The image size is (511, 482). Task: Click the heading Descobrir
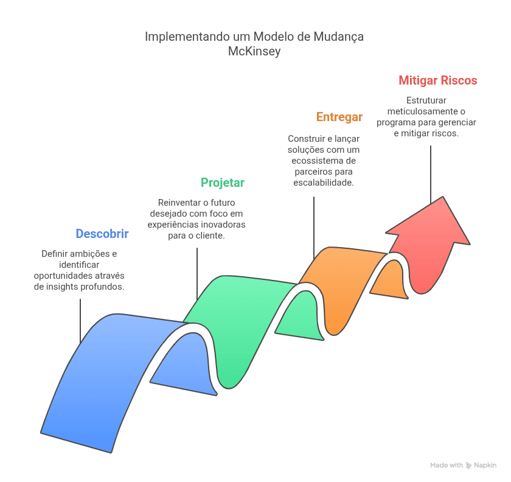coord(102,234)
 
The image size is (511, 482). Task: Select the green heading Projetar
coord(223,183)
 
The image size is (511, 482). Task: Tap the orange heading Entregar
coord(339,117)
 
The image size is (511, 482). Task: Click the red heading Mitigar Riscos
coord(437,80)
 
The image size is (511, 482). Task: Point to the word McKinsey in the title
coord(254,51)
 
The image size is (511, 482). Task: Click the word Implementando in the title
coord(187,37)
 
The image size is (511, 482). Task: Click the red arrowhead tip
coord(443,197)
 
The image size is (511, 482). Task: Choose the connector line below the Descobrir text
coord(80,321)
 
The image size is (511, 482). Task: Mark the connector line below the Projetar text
coord(197,274)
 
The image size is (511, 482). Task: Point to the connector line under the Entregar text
coord(314,228)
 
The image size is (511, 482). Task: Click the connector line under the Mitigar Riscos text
coord(431,175)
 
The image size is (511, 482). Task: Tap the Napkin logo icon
coord(468,466)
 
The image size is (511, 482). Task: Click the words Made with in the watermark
coord(446,466)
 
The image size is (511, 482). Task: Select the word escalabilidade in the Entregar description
coord(324,183)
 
